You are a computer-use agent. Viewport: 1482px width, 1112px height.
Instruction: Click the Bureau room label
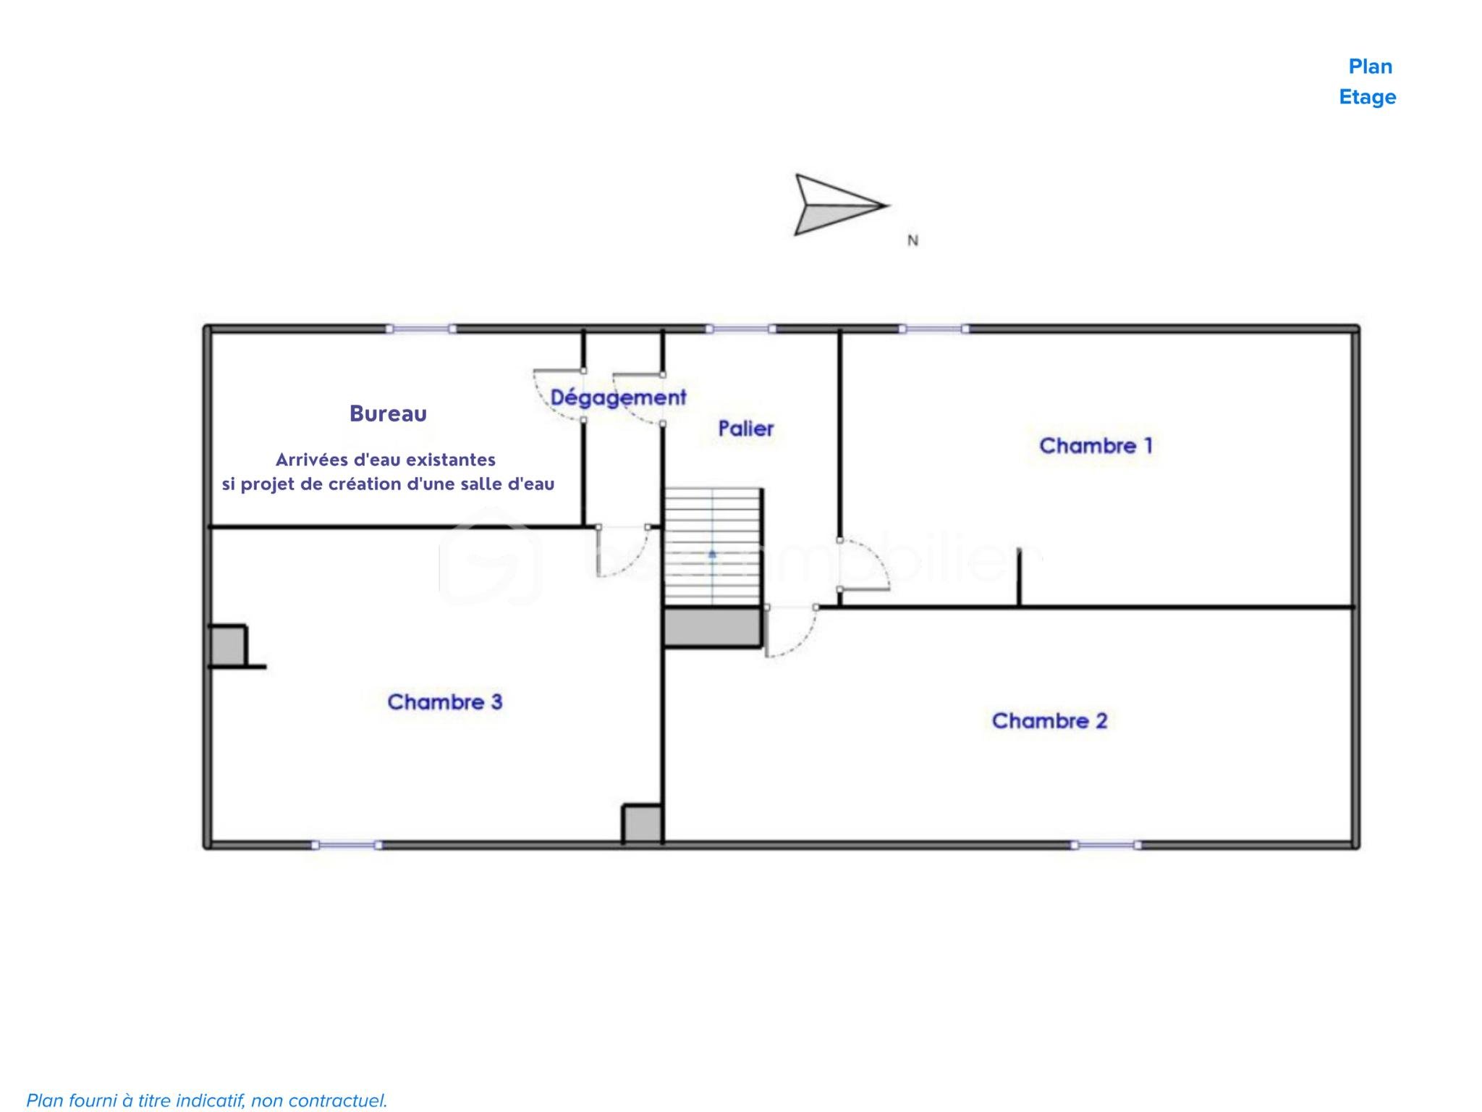(388, 413)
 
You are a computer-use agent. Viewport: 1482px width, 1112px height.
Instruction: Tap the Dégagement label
(618, 397)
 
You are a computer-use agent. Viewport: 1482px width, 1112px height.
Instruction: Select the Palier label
(746, 429)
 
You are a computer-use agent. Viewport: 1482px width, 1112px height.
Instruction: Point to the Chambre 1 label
(1096, 445)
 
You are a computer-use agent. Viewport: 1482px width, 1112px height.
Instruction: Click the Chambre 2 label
(1049, 720)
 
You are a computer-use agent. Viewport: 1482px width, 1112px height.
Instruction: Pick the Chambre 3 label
(444, 702)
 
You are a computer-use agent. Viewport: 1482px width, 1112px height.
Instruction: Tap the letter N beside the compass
(913, 240)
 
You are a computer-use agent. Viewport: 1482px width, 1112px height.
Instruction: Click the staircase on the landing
(713, 547)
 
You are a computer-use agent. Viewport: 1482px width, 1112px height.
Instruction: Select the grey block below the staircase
(713, 627)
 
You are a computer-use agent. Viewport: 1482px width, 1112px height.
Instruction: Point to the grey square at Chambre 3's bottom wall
(643, 824)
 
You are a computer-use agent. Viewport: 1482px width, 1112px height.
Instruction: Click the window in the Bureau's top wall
(420, 329)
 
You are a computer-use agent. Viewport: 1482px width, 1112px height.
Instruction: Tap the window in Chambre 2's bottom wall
(1106, 845)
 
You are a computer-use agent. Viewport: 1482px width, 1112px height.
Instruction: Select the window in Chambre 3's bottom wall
(347, 845)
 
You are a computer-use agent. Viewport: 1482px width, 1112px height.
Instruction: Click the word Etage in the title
(1368, 97)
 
